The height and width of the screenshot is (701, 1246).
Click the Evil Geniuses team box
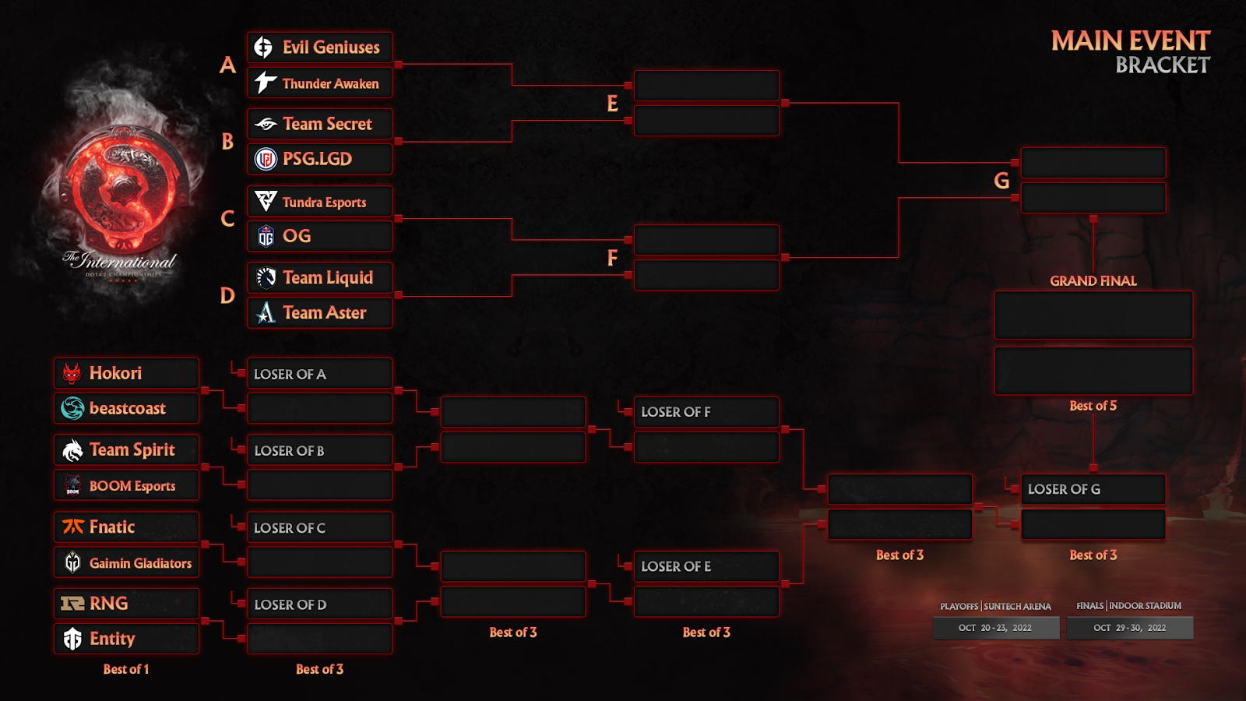pos(319,48)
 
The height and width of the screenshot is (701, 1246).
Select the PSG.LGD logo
pos(266,159)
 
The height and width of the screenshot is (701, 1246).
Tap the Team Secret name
pos(327,124)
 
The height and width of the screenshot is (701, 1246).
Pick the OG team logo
pos(266,236)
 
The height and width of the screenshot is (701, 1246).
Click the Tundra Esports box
pos(319,202)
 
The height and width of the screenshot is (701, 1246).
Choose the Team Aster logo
pos(266,313)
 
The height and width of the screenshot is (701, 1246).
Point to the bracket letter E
pos(612,104)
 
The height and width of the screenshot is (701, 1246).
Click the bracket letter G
pos(1001,181)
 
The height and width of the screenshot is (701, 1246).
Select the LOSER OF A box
pos(319,374)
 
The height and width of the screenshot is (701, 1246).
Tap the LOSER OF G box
pos(1093,489)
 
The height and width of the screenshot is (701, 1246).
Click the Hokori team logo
pos(72,374)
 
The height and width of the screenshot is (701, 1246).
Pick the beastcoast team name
pos(127,408)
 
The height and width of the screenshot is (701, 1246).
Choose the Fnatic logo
pos(72,527)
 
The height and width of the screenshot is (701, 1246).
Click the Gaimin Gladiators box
pos(126,562)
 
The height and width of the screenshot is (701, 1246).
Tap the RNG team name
pos(108,604)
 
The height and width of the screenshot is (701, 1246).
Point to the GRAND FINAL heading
pos(1093,281)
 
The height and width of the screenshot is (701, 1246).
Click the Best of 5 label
pos(1093,406)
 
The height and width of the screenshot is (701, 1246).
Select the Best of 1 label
pos(126,669)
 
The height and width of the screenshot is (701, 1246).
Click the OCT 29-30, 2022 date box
pos(1129,628)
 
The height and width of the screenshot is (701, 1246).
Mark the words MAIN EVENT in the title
pos(1130,41)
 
